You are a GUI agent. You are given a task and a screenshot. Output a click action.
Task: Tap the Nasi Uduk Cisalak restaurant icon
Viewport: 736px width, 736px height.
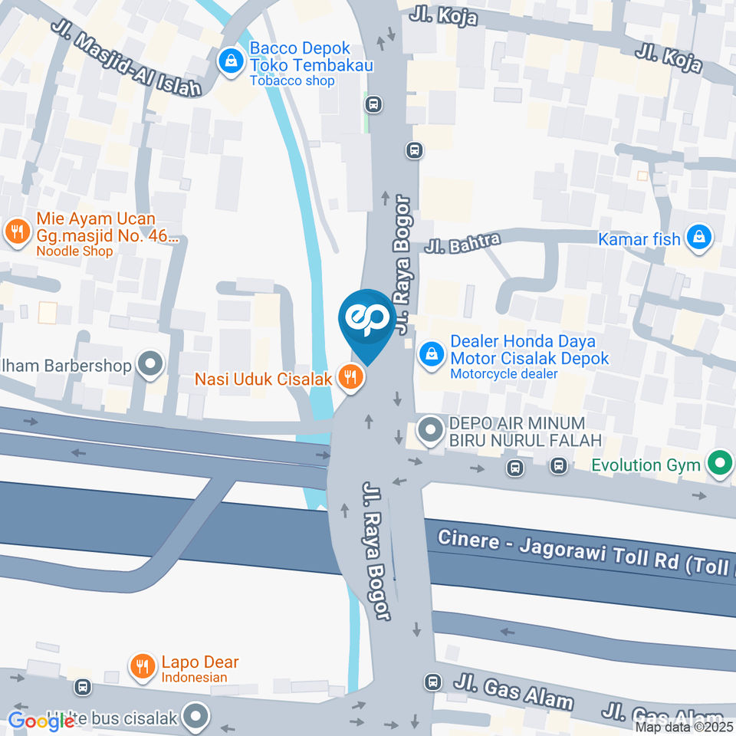[350, 377]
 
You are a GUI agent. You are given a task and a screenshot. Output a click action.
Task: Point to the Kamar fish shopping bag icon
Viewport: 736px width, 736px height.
[698, 238]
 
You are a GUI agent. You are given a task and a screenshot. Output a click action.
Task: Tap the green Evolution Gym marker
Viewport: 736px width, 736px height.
[719, 464]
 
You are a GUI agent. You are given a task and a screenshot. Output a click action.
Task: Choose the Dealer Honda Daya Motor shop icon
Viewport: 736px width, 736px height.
[432, 355]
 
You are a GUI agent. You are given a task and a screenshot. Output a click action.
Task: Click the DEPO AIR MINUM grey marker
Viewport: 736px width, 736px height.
[431, 432]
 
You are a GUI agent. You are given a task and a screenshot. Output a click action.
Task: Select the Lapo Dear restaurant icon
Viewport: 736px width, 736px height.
[142, 667]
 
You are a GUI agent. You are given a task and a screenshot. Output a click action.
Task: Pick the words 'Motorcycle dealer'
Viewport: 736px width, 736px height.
[504, 374]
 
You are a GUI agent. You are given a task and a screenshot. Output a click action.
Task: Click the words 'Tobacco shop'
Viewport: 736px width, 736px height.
[292, 81]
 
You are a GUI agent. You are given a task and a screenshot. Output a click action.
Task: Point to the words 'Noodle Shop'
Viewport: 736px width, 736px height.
[74, 251]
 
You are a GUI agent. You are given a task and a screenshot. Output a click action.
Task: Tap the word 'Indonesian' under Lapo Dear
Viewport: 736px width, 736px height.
[194, 677]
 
